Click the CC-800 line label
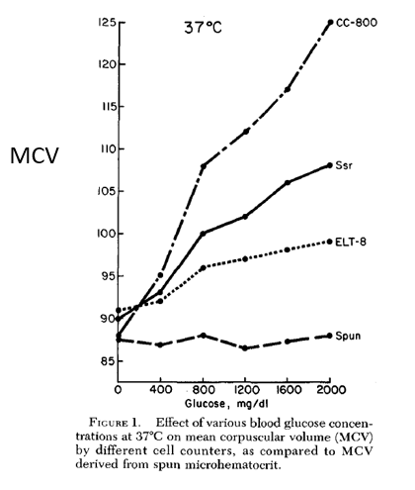point(357,23)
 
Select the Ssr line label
point(344,165)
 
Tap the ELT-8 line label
point(351,242)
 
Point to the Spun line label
point(348,336)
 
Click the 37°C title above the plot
point(204,27)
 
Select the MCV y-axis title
point(35,155)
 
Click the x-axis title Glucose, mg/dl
point(227,403)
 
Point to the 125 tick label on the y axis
point(107,23)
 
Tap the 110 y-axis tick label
point(108,149)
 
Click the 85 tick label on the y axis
point(109,361)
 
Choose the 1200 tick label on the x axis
point(245,390)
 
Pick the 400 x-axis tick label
point(160,390)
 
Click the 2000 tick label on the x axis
point(331,390)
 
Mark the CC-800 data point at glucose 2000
point(330,23)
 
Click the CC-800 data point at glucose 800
point(203,166)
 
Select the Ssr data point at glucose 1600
point(288,182)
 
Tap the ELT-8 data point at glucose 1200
point(245,259)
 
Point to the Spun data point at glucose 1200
point(245,348)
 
